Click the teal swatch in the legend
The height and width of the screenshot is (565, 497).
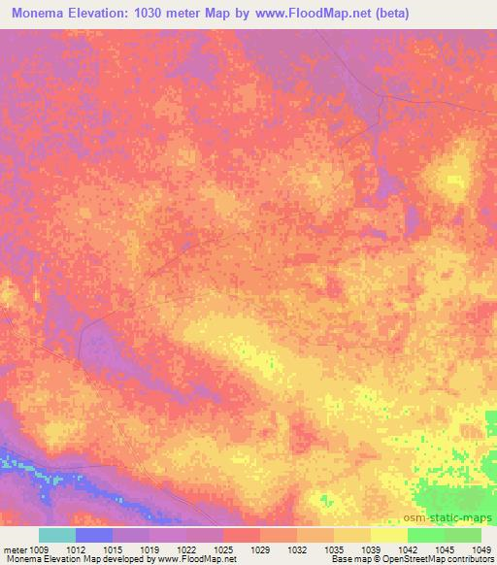click(57, 535)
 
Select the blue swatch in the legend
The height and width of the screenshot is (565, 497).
click(94, 535)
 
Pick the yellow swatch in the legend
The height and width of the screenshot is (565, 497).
click(389, 535)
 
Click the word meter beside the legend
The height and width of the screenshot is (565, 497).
click(15, 550)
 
